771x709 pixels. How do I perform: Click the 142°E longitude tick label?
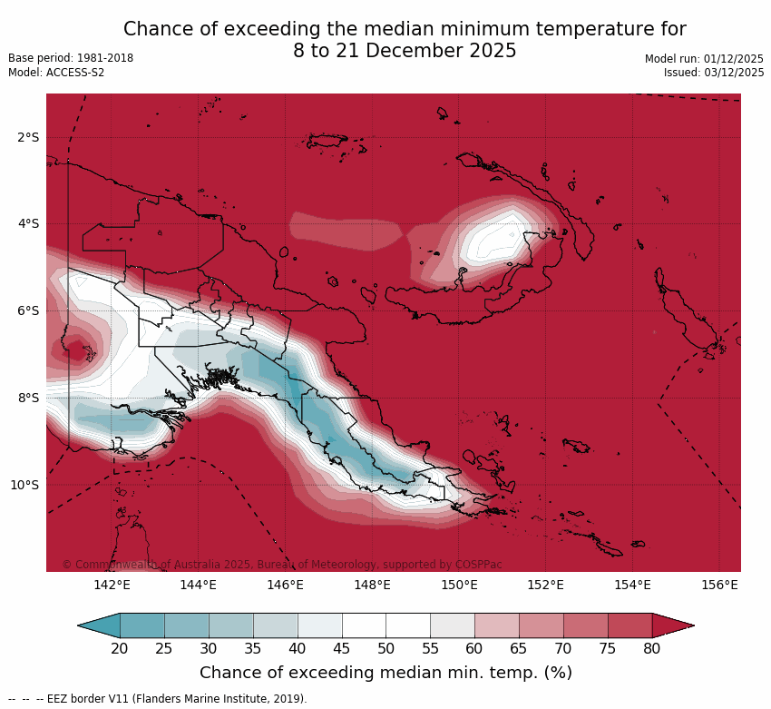click(112, 585)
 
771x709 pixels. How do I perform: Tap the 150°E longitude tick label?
click(459, 585)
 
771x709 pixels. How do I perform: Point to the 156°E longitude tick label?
click(719, 585)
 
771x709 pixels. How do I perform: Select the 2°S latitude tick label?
click(28, 137)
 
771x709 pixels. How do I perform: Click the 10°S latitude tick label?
click(24, 485)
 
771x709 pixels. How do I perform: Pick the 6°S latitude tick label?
click(28, 310)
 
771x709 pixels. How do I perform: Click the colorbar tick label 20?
click(119, 648)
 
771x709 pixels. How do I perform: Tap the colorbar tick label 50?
click(385, 648)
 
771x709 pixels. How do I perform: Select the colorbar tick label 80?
click(652, 648)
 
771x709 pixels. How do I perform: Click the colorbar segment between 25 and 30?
click(187, 625)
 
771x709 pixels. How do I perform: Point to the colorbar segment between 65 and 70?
click(542, 625)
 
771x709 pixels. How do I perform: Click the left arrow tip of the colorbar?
click(80, 625)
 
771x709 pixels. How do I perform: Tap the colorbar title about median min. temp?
click(385, 673)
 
